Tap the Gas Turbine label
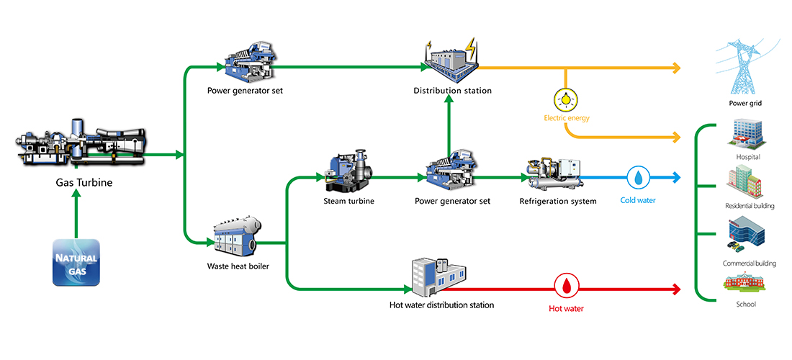84,182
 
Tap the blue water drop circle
638,176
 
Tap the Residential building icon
744,182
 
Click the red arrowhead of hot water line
676,289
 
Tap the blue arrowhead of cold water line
676,177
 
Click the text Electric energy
565,117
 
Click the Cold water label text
638,200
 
